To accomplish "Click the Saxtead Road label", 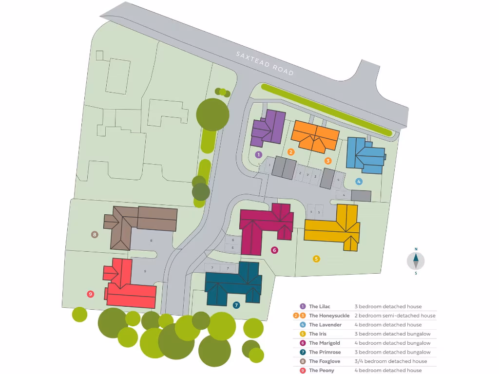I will pos(265,63).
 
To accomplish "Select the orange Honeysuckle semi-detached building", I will pos(315,135).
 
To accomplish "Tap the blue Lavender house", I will pos(365,155).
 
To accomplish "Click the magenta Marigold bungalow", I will pos(265,224).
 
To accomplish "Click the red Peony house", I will pos(129,287).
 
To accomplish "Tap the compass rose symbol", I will pos(416,261).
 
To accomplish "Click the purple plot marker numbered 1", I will pos(259,154).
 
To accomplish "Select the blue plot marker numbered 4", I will pos(359,181).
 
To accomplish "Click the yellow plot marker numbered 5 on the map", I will pos(316,259).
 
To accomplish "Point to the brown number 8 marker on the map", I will pos(95,234).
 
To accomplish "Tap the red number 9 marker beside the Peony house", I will pos(90,294).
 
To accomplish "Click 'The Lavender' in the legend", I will pos(325,325).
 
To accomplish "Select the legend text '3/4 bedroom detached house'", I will pos(390,361).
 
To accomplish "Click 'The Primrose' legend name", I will pos(325,352).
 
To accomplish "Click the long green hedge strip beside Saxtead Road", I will pos(326,109).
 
